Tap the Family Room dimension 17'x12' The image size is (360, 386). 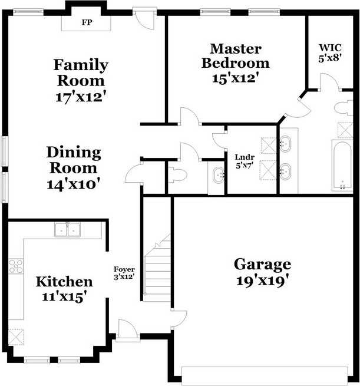[x=81, y=97]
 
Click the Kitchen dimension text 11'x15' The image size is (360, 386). [x=64, y=296]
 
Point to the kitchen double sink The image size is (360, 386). [x=68, y=229]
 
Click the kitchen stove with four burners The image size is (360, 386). [x=15, y=266]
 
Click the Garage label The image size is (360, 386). [x=262, y=263]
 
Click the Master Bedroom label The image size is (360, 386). [x=236, y=55]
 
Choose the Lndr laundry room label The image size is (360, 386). [x=243, y=157]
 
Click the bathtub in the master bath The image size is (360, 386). [x=343, y=166]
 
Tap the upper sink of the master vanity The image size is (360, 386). [x=286, y=144]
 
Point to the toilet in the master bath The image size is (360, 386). [x=342, y=108]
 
